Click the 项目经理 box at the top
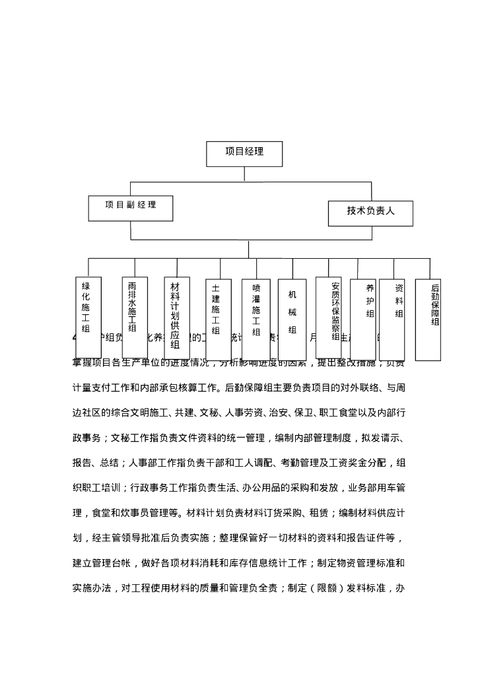pyautogui.click(x=244, y=153)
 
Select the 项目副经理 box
pyautogui.click(x=131, y=207)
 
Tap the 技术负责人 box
pyautogui.click(x=370, y=213)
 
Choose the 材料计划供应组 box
pyautogui.click(x=176, y=317)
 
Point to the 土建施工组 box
pyautogui.click(x=217, y=310)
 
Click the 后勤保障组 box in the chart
pyautogui.click(x=428, y=320)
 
